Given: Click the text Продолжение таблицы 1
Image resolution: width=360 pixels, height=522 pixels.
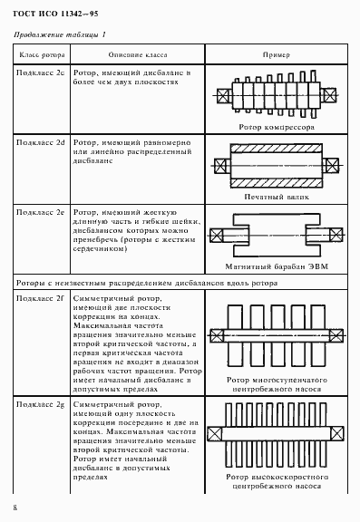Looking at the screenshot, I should (61, 34).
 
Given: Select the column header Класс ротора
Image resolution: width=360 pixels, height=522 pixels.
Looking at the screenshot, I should (40, 54).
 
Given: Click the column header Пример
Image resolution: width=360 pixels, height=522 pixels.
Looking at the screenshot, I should (276, 54).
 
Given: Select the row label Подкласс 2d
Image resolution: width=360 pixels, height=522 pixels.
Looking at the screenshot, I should (41, 142).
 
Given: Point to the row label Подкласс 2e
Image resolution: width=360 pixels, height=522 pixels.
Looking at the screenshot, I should (41, 210).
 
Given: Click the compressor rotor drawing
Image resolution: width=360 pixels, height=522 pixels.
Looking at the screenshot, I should (275, 95).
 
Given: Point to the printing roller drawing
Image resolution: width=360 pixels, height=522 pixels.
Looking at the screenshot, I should (275, 167).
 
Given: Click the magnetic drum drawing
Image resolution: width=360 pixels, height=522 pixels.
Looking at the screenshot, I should (275, 236).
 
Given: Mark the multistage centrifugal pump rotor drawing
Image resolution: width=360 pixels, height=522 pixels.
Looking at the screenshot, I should (275, 339).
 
